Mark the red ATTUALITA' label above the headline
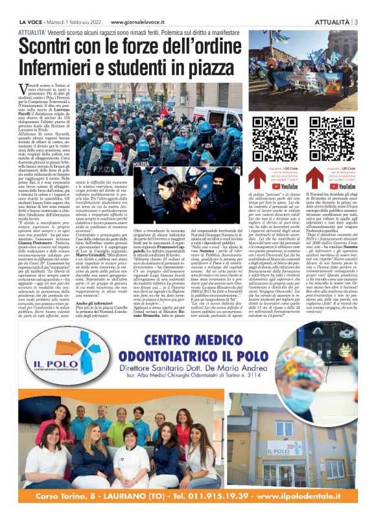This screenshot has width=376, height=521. [32, 30]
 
